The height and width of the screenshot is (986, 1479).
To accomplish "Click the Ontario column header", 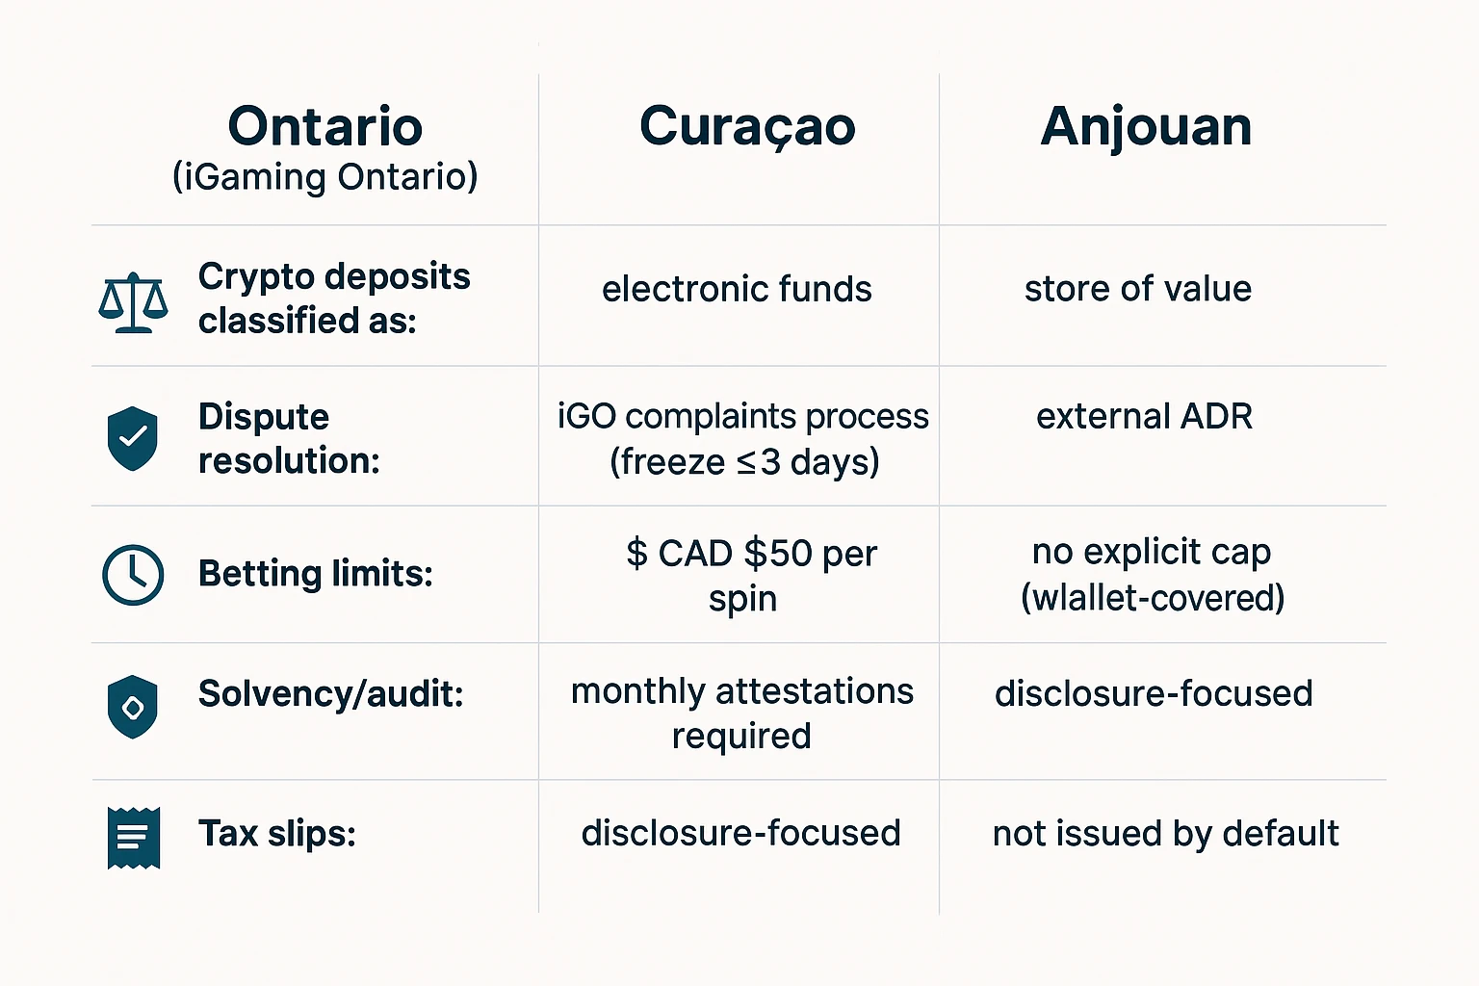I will [325, 126].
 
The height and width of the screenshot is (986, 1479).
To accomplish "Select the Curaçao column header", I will [747, 127].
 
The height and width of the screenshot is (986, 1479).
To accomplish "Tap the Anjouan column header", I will [1146, 126].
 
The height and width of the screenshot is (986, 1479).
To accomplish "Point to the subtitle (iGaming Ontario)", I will [325, 177].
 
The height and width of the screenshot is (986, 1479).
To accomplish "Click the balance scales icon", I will [133, 302].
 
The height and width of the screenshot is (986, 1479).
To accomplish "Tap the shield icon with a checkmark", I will [132, 438].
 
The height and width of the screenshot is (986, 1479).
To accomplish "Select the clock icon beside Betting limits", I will [133, 575].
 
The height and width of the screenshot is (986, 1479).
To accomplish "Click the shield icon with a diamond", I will [132, 707].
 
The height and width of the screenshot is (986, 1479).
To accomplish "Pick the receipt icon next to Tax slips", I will [133, 837].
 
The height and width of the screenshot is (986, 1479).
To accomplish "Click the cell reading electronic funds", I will [737, 289].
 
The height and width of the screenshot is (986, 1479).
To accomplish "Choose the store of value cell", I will [1137, 289].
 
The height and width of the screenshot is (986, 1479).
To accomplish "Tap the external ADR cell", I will [1144, 417].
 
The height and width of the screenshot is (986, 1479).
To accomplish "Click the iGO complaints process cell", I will [743, 438].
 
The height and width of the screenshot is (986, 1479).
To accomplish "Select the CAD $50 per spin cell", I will [751, 575].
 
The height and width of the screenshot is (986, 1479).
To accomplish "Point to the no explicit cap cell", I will [1152, 574].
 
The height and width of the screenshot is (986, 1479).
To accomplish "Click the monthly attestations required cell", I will [741, 713].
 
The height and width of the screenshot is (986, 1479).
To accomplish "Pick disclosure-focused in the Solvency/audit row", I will [1154, 693].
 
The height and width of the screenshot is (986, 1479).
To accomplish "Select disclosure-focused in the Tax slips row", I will [740, 833].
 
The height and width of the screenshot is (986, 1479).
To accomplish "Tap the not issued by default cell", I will [1165, 833].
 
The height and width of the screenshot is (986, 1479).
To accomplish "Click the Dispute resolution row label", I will [289, 438].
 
